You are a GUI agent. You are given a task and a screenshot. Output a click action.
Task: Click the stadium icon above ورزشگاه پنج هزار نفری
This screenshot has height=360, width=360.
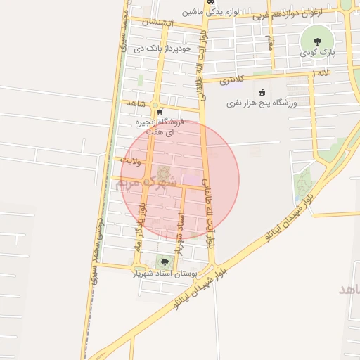click(x=262, y=91)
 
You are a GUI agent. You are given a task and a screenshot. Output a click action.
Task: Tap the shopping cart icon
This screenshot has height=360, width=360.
click(x=160, y=110)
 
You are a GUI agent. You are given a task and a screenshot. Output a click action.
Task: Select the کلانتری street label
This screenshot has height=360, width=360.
click(x=234, y=82)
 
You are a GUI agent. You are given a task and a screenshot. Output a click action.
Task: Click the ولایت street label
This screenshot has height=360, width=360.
click(x=131, y=161)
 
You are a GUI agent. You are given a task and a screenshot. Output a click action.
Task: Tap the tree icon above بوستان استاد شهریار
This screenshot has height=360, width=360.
click(x=165, y=263)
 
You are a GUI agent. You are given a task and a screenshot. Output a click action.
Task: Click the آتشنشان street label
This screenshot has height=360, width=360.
click(x=158, y=22)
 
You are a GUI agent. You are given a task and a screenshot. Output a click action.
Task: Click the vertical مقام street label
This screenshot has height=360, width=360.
click(x=269, y=42)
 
